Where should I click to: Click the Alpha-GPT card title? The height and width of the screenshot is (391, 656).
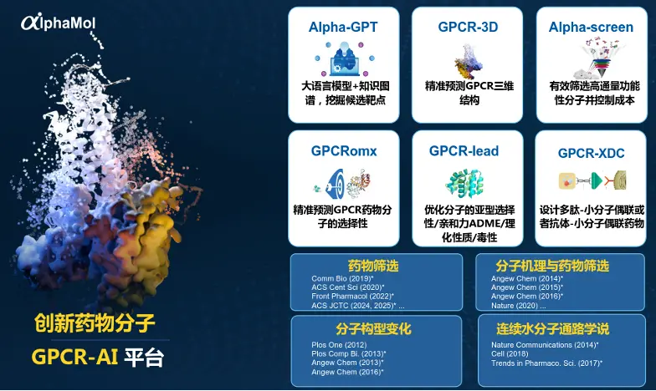click(343, 28)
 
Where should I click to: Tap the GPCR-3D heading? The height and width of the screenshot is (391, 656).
click(468, 28)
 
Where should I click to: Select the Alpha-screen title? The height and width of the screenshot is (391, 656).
click(591, 28)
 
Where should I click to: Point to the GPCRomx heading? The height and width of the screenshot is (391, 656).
click(344, 152)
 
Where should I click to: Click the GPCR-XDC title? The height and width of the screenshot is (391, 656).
click(591, 153)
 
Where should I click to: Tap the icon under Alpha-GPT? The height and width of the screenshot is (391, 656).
click(343, 59)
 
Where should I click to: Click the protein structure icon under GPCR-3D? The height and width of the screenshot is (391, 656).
click(468, 60)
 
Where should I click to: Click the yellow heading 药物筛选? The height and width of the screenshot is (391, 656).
click(373, 267)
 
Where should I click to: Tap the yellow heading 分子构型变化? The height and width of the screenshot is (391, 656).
click(373, 329)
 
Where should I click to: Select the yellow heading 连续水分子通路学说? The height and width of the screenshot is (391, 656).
click(553, 329)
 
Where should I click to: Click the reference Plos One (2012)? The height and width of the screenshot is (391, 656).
click(339, 344)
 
